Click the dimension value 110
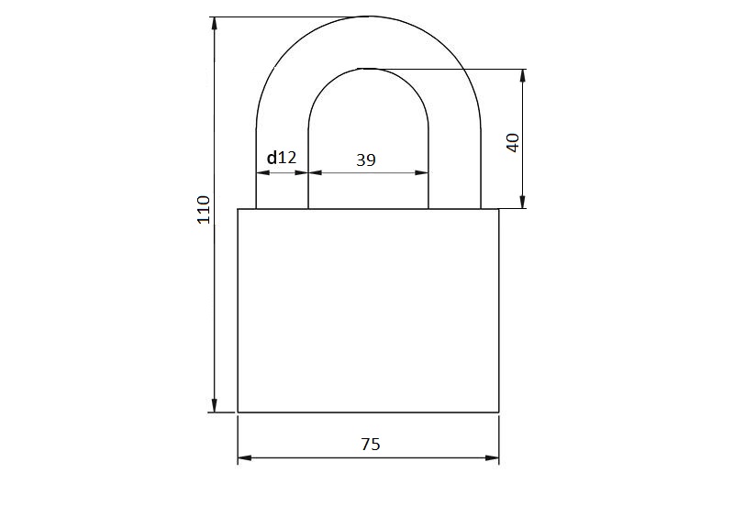[x=204, y=210]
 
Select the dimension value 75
[x=371, y=444]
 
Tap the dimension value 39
[x=365, y=160]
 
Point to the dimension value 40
[x=513, y=143]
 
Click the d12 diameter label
[x=282, y=158]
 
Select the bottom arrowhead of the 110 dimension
[x=215, y=406]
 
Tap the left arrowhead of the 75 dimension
[x=245, y=457]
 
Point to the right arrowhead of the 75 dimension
[x=492, y=457]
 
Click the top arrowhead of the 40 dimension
[x=523, y=76]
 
